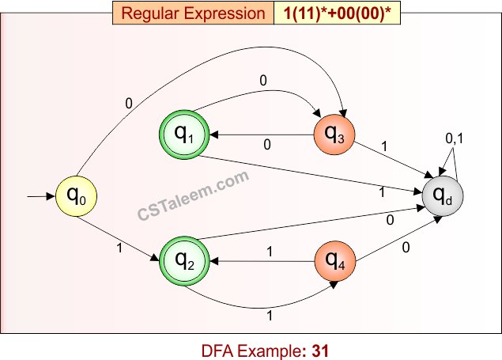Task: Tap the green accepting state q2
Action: point(185,259)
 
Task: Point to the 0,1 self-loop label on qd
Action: point(455,138)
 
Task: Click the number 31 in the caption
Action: point(319,348)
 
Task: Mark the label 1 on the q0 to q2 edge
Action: point(120,248)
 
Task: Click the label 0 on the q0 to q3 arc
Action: point(129,102)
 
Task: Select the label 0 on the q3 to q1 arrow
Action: point(266,145)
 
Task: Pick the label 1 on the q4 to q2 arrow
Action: point(270,252)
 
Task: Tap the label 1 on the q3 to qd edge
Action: point(385,147)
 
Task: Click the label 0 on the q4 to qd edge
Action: point(406,248)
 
